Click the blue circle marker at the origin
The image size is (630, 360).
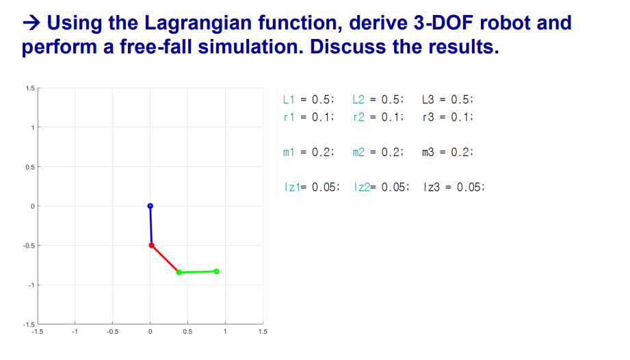tap(150, 206)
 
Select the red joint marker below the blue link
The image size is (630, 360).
tap(151, 245)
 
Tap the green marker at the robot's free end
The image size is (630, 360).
tap(216, 271)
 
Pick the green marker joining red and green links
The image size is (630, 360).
tap(179, 272)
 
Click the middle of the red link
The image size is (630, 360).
tap(165, 259)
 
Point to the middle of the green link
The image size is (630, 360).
tap(198, 272)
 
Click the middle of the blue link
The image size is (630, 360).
tap(150, 226)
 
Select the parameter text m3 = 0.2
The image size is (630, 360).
tap(448, 152)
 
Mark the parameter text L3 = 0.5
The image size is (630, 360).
tap(448, 99)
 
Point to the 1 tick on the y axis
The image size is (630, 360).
tap(32, 128)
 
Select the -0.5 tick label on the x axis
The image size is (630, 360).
tap(112, 332)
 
